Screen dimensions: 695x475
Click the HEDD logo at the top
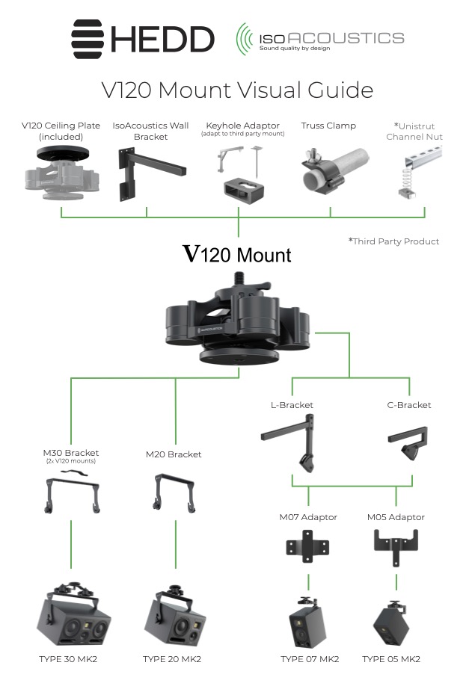(x=143, y=38)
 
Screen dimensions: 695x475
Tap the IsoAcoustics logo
(x=319, y=38)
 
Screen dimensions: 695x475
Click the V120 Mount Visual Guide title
(x=237, y=90)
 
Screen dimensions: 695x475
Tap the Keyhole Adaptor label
(x=238, y=126)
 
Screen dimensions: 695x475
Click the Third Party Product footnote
(x=393, y=241)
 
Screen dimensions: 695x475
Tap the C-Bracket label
(x=409, y=405)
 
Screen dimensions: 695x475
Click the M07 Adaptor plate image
(x=307, y=547)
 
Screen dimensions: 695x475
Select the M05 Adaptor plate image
(x=396, y=545)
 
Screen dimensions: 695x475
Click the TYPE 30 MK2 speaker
(x=72, y=617)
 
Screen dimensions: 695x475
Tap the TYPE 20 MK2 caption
(x=172, y=659)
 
